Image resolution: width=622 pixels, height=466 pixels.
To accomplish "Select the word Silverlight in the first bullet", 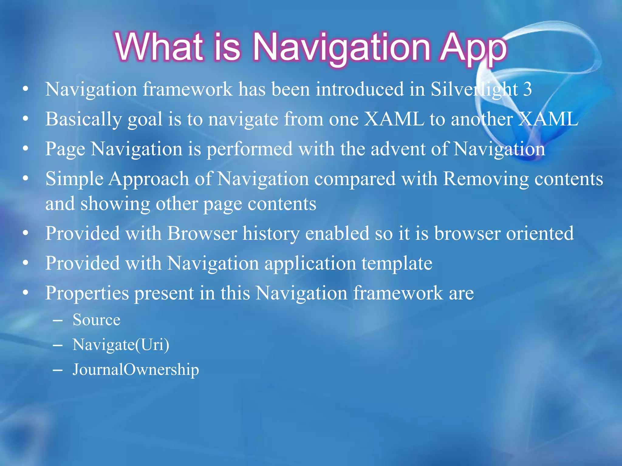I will tap(474, 89).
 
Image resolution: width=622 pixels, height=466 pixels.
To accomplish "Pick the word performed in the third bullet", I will tap(249, 149).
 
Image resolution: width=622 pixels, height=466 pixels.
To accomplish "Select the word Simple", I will tap(74, 179).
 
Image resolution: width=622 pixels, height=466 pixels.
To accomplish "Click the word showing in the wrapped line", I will tap(115, 204).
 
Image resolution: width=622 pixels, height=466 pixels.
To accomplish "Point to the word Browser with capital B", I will tap(202, 233).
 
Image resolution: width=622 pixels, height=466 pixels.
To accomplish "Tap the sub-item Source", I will tap(96, 320).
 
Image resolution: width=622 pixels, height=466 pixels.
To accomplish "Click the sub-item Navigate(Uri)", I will tap(121, 345).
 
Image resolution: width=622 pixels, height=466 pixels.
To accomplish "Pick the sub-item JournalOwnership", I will tap(136, 370).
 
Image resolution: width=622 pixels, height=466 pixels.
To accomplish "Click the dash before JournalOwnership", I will tap(57, 370).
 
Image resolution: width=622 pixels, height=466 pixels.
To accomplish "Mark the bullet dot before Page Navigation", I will tap(26, 149).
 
